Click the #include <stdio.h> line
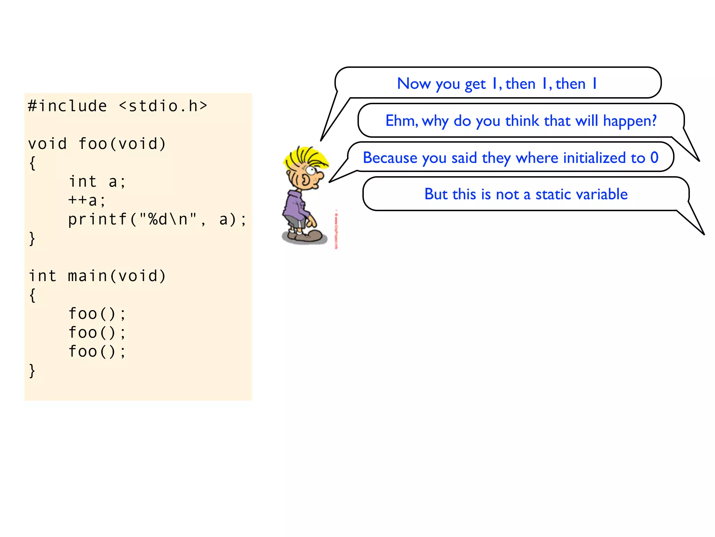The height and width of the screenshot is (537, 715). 117,106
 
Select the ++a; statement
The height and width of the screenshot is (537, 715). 87,200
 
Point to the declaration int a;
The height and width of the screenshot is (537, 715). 97,181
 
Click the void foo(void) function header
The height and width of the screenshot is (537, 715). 97,144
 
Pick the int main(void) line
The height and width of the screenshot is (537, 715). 97,276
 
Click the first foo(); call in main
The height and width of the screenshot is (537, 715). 97,314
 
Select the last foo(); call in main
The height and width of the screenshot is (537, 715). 97,351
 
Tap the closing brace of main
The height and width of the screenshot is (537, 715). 32,371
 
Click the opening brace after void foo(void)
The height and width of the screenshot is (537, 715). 32,163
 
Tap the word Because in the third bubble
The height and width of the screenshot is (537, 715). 390,158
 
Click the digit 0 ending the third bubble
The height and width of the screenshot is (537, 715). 654,158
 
